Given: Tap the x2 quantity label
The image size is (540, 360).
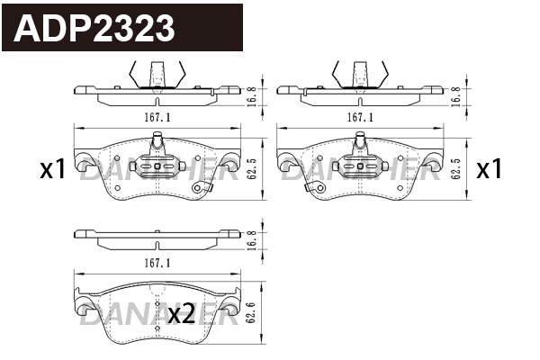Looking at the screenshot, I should tap(181, 314).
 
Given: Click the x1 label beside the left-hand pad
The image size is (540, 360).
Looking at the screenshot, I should tap(52, 168).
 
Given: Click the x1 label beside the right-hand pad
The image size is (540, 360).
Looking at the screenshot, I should tap(488, 168).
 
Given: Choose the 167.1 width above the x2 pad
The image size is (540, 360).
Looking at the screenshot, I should tap(157, 262).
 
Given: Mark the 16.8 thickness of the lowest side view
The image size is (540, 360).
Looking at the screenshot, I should tap(254, 238).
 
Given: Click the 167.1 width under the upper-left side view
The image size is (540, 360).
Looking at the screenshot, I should tap(157, 116).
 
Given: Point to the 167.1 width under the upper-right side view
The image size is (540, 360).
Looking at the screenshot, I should tap(360, 116).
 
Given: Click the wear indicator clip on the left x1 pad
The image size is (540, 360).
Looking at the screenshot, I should tap(206, 187).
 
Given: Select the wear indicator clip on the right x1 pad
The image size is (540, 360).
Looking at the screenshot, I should tap(315, 188).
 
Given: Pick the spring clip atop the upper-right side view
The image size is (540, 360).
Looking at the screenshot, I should tap(361, 72).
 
